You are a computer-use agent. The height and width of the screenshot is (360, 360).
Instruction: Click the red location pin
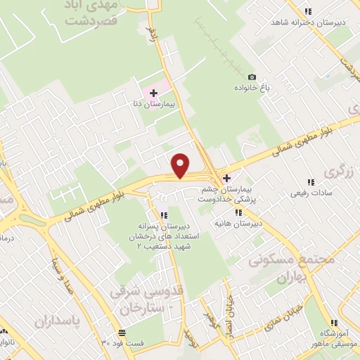pyautogui.click(x=181, y=165)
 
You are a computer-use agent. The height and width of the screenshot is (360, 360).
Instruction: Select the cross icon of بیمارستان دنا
pyautogui.click(x=153, y=93)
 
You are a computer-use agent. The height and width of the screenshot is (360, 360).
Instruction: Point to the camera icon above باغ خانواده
pyautogui.click(x=252, y=77)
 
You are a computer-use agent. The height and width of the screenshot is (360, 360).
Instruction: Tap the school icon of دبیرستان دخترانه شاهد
pyautogui.click(x=307, y=11)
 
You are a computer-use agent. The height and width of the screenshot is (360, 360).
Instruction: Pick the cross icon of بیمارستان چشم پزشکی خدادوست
pyautogui.click(x=226, y=178)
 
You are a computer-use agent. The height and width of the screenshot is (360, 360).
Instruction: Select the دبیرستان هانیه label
pyautogui.click(x=238, y=224)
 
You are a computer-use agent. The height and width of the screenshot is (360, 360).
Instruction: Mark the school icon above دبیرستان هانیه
pyautogui.click(x=238, y=212)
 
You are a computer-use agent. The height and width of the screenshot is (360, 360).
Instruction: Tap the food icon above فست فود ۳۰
pyautogui.click(x=122, y=332)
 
